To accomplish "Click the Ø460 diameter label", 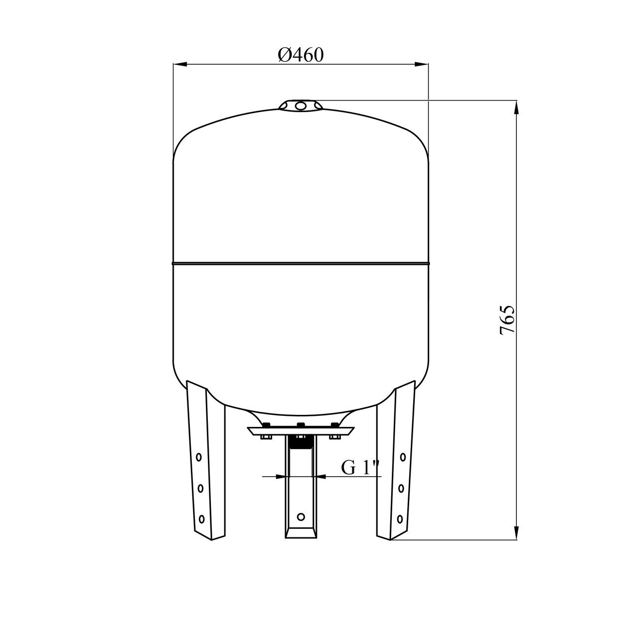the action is click(x=300, y=55).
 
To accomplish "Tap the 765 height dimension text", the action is click(x=507, y=320).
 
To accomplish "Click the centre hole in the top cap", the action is click(x=301, y=106).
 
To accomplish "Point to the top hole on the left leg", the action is click(x=199, y=457).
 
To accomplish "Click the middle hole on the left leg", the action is click(x=200, y=488).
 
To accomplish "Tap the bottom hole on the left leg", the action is click(x=201, y=518).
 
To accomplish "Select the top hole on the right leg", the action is click(x=403, y=457).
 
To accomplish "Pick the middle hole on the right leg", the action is click(x=402, y=488).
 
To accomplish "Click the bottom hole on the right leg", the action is click(x=400, y=518).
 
